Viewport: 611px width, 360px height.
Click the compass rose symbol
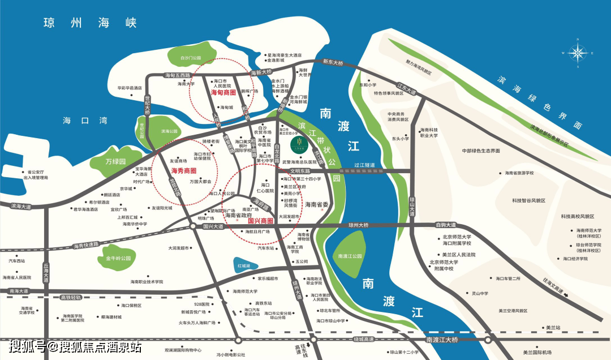(x=578, y=53)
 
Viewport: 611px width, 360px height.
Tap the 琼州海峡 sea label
(x=91, y=23)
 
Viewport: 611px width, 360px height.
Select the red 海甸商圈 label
(x=223, y=92)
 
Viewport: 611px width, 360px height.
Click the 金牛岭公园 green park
(x=118, y=258)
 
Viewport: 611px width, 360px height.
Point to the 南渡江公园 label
(x=348, y=256)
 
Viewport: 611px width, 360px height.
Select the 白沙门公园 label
(x=191, y=58)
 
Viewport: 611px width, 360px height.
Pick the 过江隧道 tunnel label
(x=365, y=165)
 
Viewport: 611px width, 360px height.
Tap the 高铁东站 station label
(x=263, y=303)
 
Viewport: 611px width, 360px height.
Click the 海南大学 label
(x=186, y=84)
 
